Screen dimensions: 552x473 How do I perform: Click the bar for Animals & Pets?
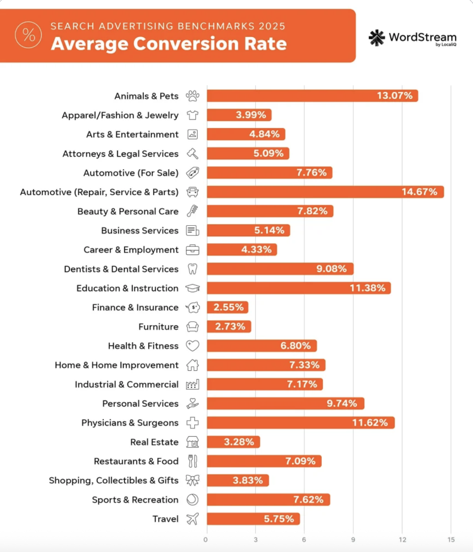click(x=312, y=96)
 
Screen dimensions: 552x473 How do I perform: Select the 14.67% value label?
click(x=419, y=192)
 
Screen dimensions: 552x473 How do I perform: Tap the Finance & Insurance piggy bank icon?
click(x=193, y=307)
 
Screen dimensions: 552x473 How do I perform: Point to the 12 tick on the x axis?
click(x=402, y=539)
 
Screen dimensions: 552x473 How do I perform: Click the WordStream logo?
click(x=412, y=38)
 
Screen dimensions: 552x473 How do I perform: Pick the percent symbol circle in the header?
click(x=28, y=35)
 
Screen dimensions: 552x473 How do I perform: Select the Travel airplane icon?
click(x=192, y=519)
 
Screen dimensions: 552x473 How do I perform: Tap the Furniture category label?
click(x=158, y=327)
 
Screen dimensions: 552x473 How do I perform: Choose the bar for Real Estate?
click(x=233, y=442)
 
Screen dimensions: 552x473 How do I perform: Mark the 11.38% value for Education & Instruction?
click(x=367, y=288)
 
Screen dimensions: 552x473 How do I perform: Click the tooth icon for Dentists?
click(x=193, y=269)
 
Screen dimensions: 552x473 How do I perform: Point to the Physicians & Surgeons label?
click(x=130, y=423)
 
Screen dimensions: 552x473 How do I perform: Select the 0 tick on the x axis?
click(x=206, y=539)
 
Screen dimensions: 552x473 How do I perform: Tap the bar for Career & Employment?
click(x=242, y=249)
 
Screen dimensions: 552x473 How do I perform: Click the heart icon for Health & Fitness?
click(x=193, y=346)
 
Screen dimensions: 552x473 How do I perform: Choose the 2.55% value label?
click(x=228, y=307)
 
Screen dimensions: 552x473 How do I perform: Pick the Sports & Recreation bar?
click(x=268, y=500)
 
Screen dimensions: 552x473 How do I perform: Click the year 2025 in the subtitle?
click(x=272, y=26)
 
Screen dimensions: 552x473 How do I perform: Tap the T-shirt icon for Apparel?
click(x=193, y=115)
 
